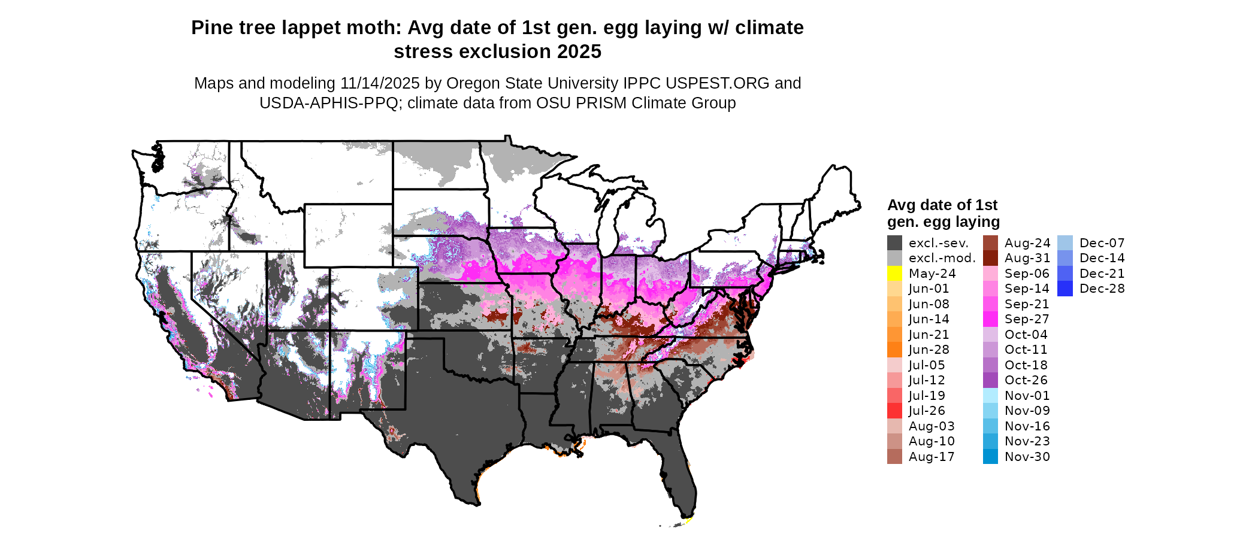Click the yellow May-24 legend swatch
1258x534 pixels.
(x=894, y=274)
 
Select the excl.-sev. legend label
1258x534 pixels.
(x=938, y=243)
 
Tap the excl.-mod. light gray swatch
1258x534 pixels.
(x=894, y=258)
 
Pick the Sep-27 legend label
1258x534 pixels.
(x=1027, y=319)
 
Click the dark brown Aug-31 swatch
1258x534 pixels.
(x=990, y=258)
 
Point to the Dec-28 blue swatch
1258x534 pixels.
(x=1065, y=289)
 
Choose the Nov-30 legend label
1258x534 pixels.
(x=1027, y=457)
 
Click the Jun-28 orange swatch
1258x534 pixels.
(x=894, y=350)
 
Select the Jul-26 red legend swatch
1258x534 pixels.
(x=894, y=411)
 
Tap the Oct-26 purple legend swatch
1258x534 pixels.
(x=990, y=380)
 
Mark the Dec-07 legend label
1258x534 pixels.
(x=1102, y=243)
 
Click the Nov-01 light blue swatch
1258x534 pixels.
(x=990, y=396)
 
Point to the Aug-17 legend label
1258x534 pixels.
(x=932, y=457)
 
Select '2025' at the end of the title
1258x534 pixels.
(x=579, y=52)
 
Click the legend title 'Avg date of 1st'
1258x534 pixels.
(x=942, y=205)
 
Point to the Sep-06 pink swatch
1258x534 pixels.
(x=990, y=274)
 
